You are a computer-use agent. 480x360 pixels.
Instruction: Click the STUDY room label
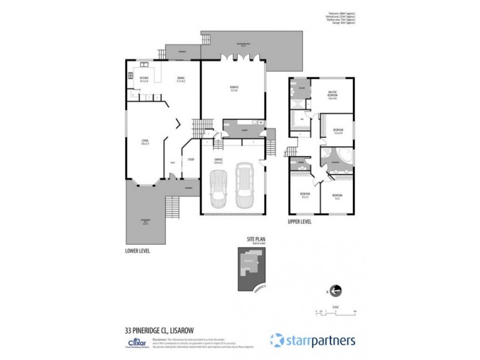pos(191,159)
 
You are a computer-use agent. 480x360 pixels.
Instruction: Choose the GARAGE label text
pos(218,160)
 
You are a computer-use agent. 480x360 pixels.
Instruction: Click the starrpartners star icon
pos(276,340)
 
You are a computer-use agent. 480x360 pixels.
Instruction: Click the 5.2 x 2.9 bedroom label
pos(338,132)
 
